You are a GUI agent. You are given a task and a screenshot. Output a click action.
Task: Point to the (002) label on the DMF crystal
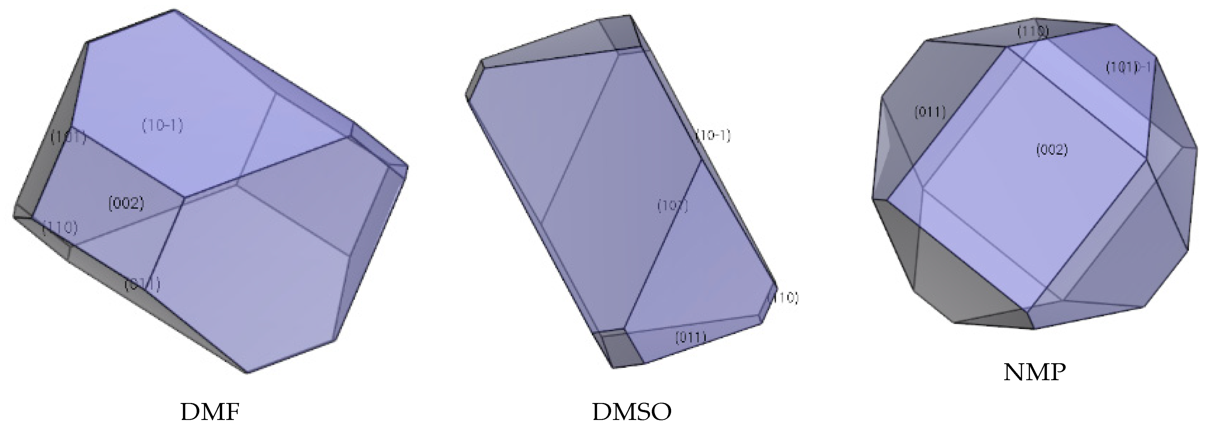126,204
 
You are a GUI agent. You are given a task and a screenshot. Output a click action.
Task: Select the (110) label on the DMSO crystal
784,298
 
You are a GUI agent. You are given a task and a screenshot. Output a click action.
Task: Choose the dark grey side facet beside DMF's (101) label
40,155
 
